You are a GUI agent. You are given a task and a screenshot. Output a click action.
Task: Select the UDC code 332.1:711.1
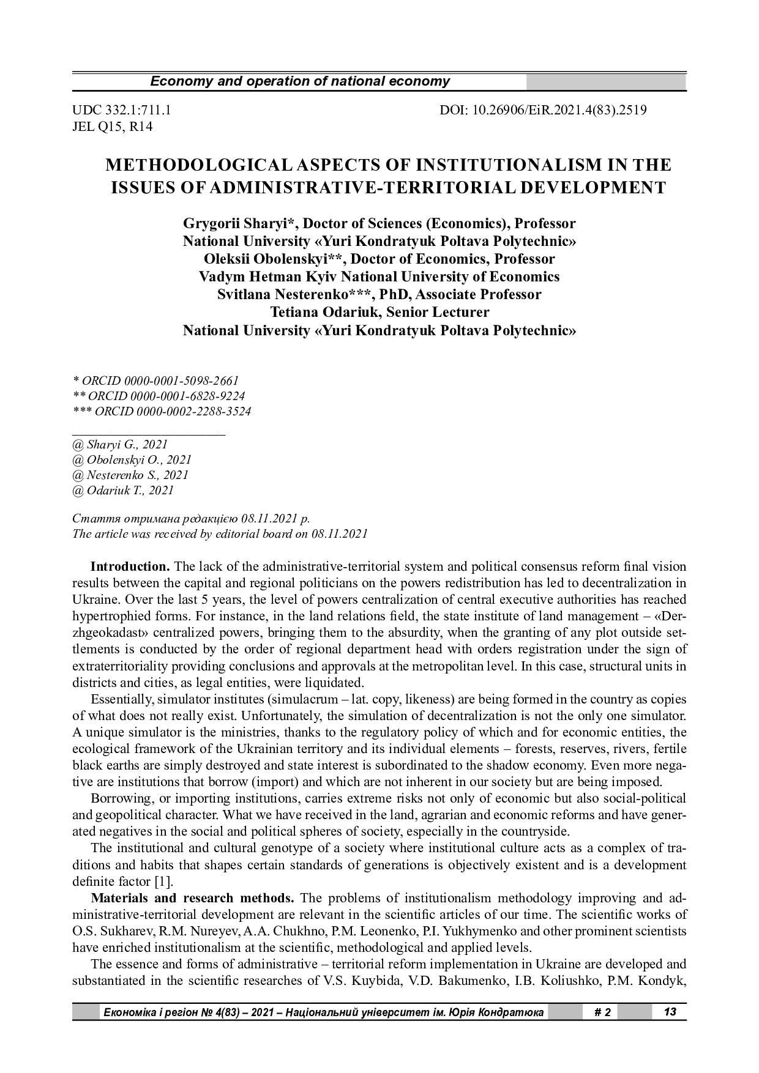[x=122, y=111]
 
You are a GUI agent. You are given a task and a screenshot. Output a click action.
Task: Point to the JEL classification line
[x=113, y=127]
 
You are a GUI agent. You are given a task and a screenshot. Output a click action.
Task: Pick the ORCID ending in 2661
[x=155, y=381]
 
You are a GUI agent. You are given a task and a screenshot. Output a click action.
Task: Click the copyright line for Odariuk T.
[x=123, y=490]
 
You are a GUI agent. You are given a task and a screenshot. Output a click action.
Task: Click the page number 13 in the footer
[x=670, y=1012]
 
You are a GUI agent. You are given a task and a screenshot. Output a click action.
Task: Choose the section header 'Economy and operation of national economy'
[x=300, y=81]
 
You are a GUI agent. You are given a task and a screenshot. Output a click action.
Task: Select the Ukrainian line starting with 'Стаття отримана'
[x=191, y=518]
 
